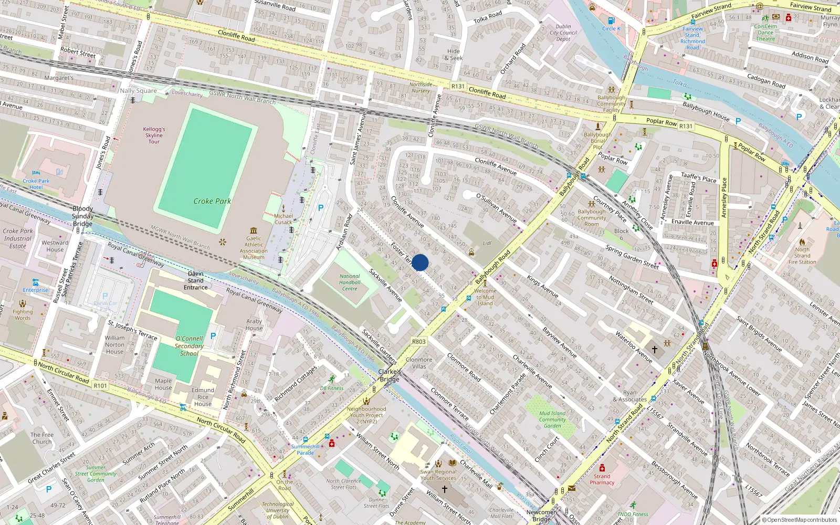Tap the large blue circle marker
(420, 262)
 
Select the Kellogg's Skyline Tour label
(154, 135)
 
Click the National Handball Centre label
(350, 282)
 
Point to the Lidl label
(487, 243)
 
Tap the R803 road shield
(418, 341)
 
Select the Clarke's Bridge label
(390, 375)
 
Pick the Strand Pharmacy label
(602, 479)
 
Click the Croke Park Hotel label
(36, 184)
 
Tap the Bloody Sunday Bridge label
(82, 216)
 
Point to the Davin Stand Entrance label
(196, 280)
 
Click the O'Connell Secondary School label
(189, 346)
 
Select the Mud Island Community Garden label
(552, 419)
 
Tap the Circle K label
(611, 28)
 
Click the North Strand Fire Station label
(802, 256)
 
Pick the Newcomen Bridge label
(541, 516)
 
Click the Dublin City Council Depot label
(563, 33)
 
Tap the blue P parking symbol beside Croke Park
(321, 208)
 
